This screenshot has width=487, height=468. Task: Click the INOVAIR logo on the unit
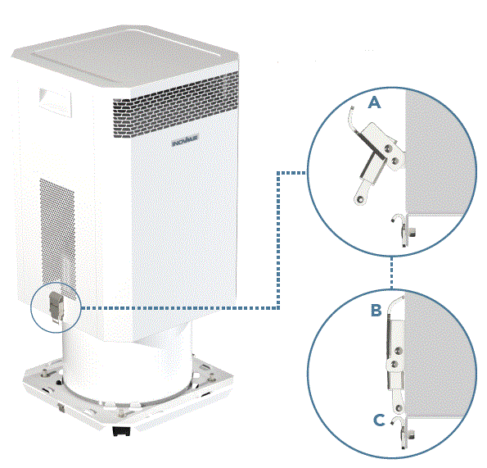pos(185,141)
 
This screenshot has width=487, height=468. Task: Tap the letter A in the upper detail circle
pos(375,102)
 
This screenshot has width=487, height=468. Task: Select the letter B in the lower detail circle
pos(376,311)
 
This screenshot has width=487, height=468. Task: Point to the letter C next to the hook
pos(378,420)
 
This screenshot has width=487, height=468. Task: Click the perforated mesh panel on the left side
pos(55,221)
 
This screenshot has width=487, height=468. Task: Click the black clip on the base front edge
pos(120,429)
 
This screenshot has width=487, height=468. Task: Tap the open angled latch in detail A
pos(373,160)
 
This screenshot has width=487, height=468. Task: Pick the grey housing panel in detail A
pos(442,148)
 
